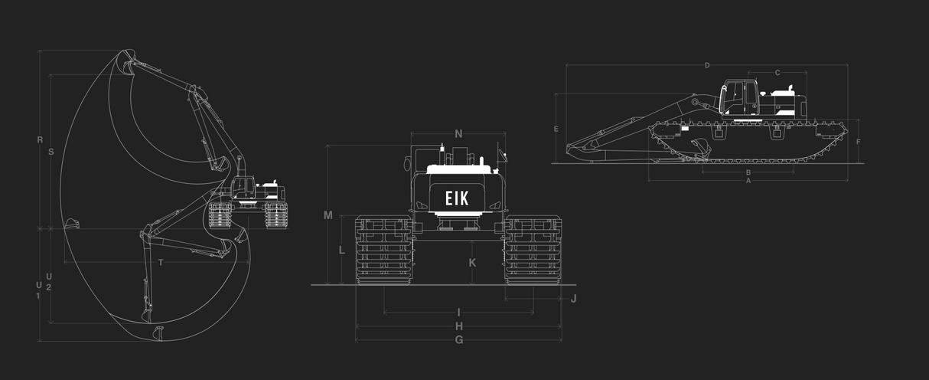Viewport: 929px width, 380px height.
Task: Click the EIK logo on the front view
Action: pos(458,198)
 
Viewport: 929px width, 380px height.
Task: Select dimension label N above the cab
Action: pos(458,134)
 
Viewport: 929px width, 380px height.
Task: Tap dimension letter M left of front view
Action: pos(328,215)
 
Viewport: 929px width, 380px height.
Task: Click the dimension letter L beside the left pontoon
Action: pos(342,250)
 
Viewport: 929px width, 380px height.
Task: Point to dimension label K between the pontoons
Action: pos(472,263)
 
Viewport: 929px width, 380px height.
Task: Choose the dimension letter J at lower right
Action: pos(573,298)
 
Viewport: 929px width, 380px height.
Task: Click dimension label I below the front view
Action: pos(458,313)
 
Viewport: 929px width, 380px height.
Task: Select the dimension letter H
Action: pos(458,326)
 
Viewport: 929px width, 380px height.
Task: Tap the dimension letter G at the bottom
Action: pos(458,339)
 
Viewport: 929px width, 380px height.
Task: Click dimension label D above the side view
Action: pos(707,65)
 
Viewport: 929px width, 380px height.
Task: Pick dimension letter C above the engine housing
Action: pos(777,73)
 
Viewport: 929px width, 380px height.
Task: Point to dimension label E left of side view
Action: pos(556,129)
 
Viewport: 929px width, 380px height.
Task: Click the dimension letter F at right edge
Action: pos(859,142)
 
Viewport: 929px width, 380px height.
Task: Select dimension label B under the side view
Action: pos(748,172)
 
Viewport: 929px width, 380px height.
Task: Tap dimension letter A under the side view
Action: pos(748,181)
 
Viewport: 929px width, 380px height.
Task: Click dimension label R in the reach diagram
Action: pos(40,139)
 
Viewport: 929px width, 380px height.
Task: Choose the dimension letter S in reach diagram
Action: pos(51,152)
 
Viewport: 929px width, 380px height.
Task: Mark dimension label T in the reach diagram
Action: pos(160,263)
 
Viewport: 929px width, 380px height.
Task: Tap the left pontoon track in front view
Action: pos(383,251)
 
